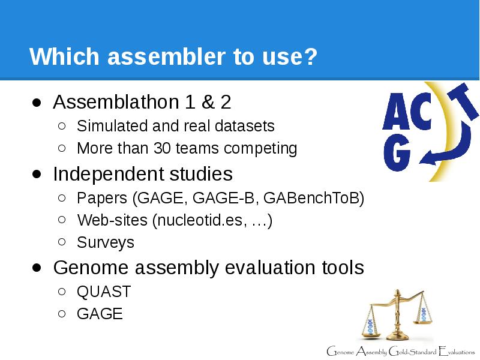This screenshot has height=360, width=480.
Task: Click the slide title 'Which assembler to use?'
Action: click(x=173, y=58)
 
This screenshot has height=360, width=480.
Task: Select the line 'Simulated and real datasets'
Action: click(x=175, y=126)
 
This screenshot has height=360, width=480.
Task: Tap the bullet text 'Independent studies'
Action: click(x=143, y=174)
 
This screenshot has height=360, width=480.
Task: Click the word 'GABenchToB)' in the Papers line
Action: click(x=314, y=198)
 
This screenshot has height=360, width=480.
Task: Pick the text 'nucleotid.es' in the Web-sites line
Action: click(x=199, y=220)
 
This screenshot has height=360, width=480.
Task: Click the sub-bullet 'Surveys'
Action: click(x=106, y=242)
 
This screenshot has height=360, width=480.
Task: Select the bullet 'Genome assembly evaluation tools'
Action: click(x=208, y=268)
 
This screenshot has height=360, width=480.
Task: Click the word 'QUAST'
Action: click(x=104, y=292)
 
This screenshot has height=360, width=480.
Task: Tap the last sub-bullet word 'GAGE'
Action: click(x=100, y=314)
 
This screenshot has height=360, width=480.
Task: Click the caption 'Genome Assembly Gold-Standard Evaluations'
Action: click(x=400, y=350)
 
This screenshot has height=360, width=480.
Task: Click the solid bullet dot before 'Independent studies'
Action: click(x=37, y=174)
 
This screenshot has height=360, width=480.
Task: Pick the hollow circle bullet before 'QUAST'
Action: click(x=62, y=292)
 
